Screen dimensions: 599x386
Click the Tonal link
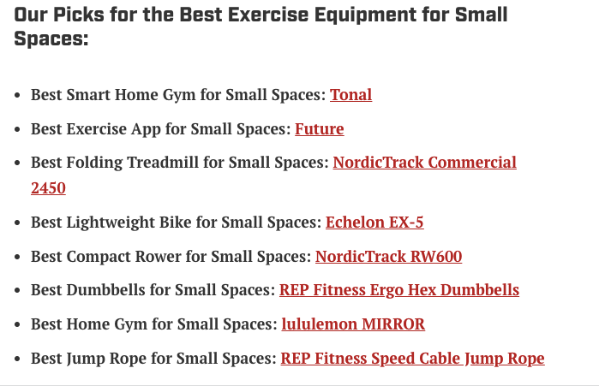point(350,95)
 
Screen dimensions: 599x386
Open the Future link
point(320,129)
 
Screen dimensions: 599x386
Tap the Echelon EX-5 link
point(374,222)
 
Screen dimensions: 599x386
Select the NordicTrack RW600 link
point(388,256)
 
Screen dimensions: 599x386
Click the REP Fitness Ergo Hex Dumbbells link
point(399,290)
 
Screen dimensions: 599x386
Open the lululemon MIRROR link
point(353,324)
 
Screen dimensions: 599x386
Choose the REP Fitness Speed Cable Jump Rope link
point(412,359)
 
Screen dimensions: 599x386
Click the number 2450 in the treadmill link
point(48,188)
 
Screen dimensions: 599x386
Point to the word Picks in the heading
point(79,15)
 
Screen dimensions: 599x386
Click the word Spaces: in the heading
point(51,39)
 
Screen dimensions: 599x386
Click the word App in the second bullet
point(146,130)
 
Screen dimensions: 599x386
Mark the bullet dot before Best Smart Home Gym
point(17,95)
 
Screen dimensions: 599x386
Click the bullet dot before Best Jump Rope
point(17,359)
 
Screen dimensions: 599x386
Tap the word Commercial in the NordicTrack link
point(472,163)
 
